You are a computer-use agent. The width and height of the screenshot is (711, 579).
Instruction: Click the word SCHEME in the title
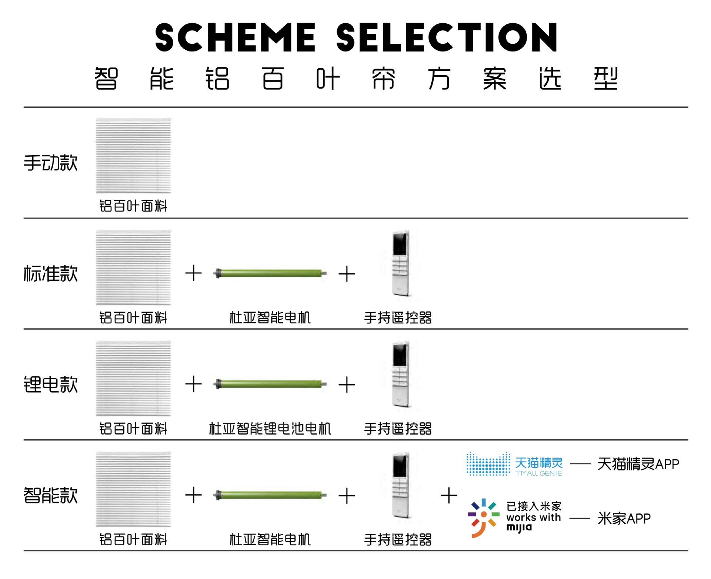point(236,37)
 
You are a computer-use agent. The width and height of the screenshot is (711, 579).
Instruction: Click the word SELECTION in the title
point(447,37)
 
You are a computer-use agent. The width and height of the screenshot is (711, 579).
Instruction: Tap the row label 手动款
point(51,163)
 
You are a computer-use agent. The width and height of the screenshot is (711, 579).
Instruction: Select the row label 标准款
point(51,274)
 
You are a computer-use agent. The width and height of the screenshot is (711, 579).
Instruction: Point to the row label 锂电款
point(51,385)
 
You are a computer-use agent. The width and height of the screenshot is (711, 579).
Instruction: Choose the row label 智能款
point(51,495)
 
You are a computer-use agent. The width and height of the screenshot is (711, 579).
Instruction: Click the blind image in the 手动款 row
point(133,156)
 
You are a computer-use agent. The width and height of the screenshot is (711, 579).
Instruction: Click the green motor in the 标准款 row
point(270,274)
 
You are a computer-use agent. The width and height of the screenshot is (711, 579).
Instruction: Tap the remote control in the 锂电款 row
point(401,374)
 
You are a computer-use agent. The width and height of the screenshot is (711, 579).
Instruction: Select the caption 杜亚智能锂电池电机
point(270,429)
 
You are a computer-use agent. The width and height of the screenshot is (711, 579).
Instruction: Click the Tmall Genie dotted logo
point(488,464)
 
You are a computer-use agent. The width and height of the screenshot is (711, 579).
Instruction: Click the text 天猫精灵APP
point(638,464)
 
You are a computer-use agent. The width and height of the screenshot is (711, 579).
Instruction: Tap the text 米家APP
point(624,519)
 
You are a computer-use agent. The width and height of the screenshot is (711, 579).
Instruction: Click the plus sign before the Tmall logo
point(449,496)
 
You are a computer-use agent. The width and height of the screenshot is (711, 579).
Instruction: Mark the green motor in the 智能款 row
point(270,495)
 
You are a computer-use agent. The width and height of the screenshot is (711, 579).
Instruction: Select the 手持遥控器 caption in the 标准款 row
point(398,318)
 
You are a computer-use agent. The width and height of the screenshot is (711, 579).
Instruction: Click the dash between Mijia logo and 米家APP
point(579,519)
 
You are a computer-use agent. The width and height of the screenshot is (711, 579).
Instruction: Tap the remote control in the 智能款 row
point(401,485)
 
